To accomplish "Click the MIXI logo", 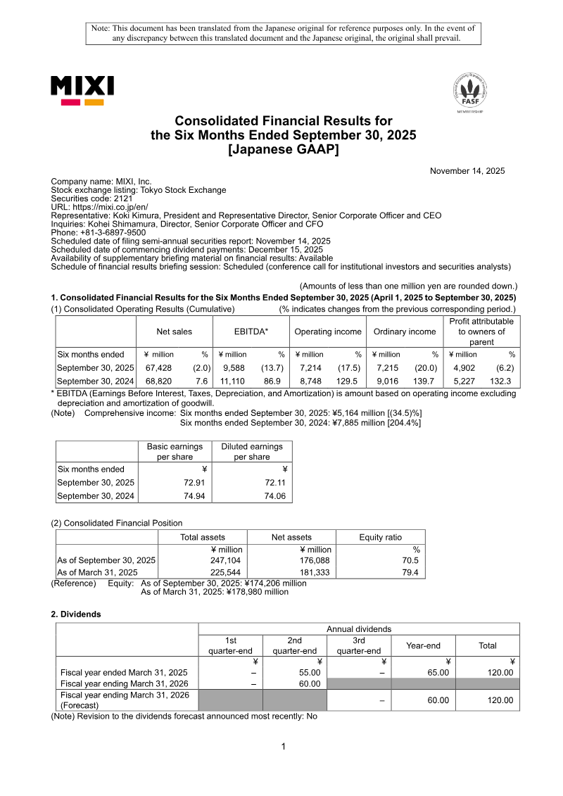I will coord(82,91).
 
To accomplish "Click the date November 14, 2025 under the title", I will coord(467,171).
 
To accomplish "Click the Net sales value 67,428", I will coord(159,368).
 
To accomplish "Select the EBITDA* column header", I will coord(251,331).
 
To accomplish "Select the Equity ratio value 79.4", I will coord(410,572).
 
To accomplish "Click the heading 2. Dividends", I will coord(76,614).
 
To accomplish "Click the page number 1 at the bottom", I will coord(283,746).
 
